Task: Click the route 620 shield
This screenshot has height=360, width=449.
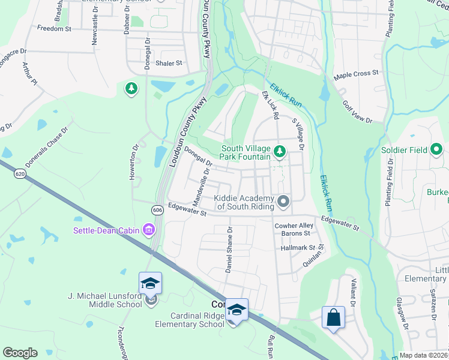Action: [20, 173]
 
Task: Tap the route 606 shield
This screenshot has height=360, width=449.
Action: [157, 209]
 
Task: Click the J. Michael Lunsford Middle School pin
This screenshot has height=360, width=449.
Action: [150, 284]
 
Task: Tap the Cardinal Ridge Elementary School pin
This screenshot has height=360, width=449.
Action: [237, 310]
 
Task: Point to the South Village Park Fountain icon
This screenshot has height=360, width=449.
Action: [279, 150]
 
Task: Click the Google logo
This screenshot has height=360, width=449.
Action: [20, 353]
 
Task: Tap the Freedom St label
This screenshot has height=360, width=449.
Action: [54, 28]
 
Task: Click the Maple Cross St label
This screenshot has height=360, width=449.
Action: [357, 74]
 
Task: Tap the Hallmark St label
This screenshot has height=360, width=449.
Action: [298, 247]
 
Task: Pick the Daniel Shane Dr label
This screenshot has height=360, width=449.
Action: [229, 250]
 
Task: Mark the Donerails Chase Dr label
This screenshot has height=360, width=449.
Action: [47, 146]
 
